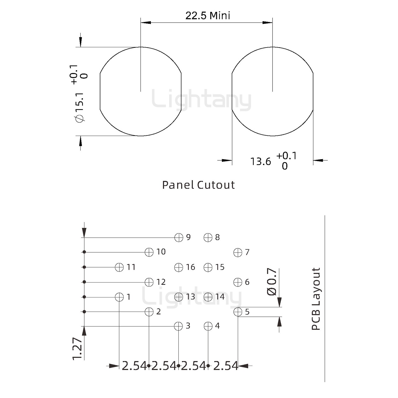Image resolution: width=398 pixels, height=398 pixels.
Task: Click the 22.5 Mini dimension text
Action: tap(208, 16)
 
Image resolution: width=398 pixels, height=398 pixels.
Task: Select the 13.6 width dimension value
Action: tap(260, 161)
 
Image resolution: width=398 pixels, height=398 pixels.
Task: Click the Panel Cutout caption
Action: tap(198, 185)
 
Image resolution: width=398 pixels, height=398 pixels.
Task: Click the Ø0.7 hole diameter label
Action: tap(272, 282)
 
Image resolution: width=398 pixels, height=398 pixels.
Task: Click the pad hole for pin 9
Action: tap(179, 237)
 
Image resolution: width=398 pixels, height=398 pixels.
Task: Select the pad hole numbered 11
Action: tap(119, 267)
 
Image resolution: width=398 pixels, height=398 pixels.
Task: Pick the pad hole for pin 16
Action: tap(179, 267)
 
